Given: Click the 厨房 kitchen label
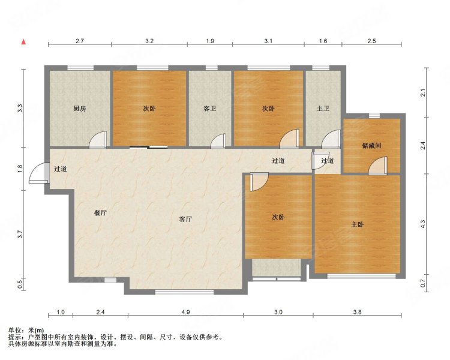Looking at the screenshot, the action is coord(79,109).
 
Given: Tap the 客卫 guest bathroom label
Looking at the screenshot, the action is coord(210,109).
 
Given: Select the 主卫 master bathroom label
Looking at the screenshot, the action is coord(323,109).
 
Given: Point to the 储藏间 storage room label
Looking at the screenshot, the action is coord(371,146).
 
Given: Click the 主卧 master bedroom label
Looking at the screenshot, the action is coord(358,224).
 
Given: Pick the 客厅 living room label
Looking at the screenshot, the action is coord(185,219).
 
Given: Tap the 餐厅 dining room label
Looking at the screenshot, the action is coord(100,213).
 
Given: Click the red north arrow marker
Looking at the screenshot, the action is coord(24,42).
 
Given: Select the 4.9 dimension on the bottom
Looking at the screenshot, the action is coord(185,312).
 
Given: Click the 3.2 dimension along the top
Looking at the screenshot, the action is coord(149,41).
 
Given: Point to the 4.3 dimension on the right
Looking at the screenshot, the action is coord(423,224).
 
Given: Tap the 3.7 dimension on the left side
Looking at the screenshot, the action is coord(20,235).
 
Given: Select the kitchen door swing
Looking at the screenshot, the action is coord(98,140).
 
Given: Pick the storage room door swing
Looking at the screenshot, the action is coord(377,166).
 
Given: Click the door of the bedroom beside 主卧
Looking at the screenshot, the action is coord(259,182).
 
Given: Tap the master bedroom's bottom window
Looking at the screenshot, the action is coord(361,276).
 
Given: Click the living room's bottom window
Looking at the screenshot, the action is coord(185,292).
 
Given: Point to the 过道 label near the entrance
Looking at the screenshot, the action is coord(61,169).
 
